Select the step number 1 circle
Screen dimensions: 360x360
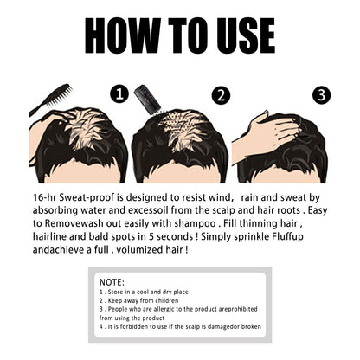tap(119, 94)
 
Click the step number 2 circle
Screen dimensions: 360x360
tap(221, 95)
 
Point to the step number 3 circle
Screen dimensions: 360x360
tap(322, 95)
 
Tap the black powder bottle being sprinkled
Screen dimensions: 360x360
tap(147, 98)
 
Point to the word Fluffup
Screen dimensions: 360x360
tap(287, 237)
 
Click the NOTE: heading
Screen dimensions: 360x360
tap(112, 282)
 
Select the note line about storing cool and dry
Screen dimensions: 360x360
tap(144, 292)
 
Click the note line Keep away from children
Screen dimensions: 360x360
tap(138, 300)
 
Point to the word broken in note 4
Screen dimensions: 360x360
tap(251, 326)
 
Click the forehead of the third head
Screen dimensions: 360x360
tap(286, 176)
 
